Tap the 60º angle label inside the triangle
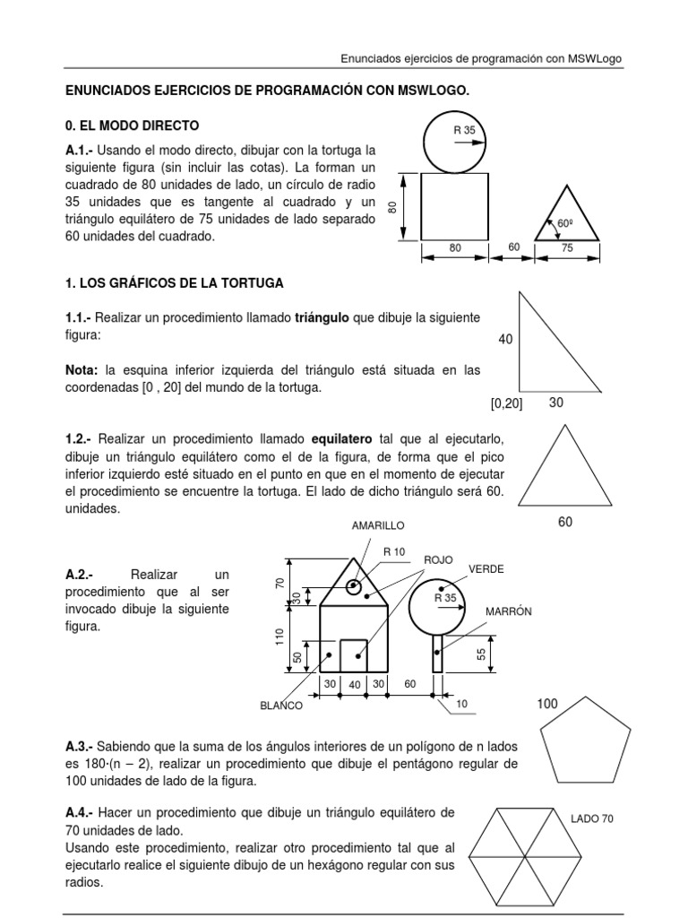click(x=564, y=223)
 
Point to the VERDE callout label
click(x=486, y=569)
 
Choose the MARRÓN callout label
click(x=509, y=611)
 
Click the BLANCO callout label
click(x=281, y=706)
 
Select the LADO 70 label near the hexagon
click(x=592, y=818)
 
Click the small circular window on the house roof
click(x=354, y=588)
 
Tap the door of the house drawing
click(x=353, y=654)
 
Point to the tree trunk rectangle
click(x=437, y=653)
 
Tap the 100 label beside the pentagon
click(x=548, y=705)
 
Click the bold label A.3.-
click(x=79, y=746)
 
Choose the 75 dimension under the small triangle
click(x=566, y=248)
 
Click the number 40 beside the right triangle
click(x=507, y=340)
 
